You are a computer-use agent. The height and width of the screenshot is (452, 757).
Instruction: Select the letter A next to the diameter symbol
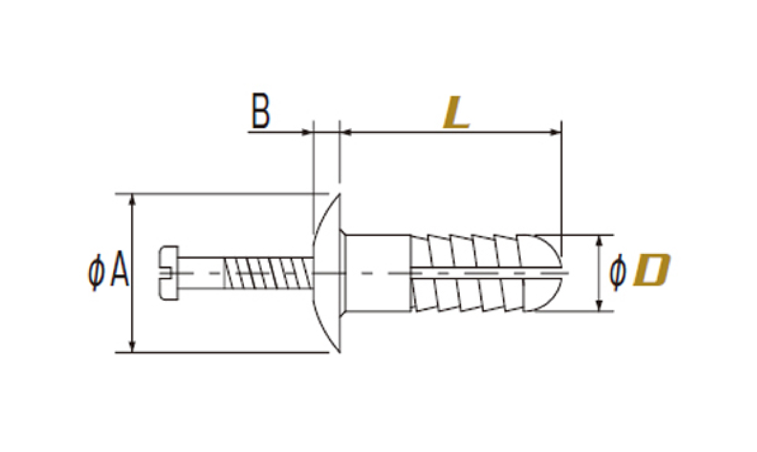point(120,268)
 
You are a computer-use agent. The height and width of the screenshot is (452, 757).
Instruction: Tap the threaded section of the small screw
point(268,273)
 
